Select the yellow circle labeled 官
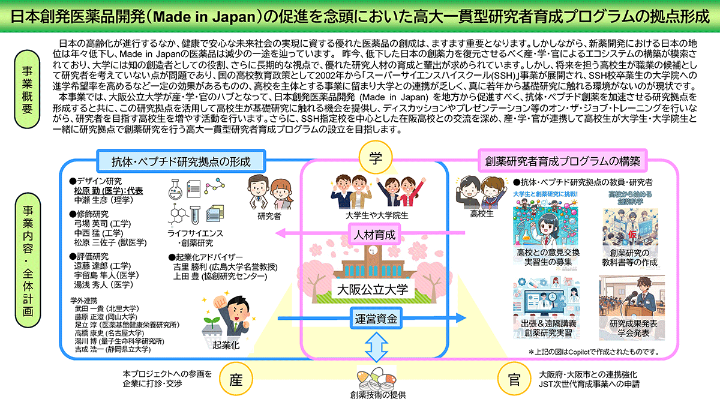click(x=512, y=380)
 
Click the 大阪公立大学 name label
click(x=372, y=289)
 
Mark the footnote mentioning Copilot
click(x=594, y=352)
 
